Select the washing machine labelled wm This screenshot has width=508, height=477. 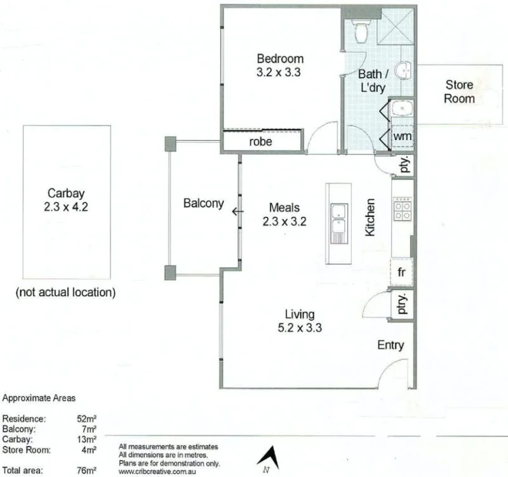[x=401, y=136]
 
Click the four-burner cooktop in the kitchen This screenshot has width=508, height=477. [x=403, y=210]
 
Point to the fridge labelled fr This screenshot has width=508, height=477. [x=402, y=271]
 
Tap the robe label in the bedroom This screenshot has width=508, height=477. [x=260, y=141]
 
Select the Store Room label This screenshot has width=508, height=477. [x=459, y=91]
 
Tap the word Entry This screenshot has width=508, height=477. [x=391, y=345]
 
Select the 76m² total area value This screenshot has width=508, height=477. [x=86, y=471]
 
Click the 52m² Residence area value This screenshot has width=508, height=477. [x=86, y=419]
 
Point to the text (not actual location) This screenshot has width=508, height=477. [x=65, y=292]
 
